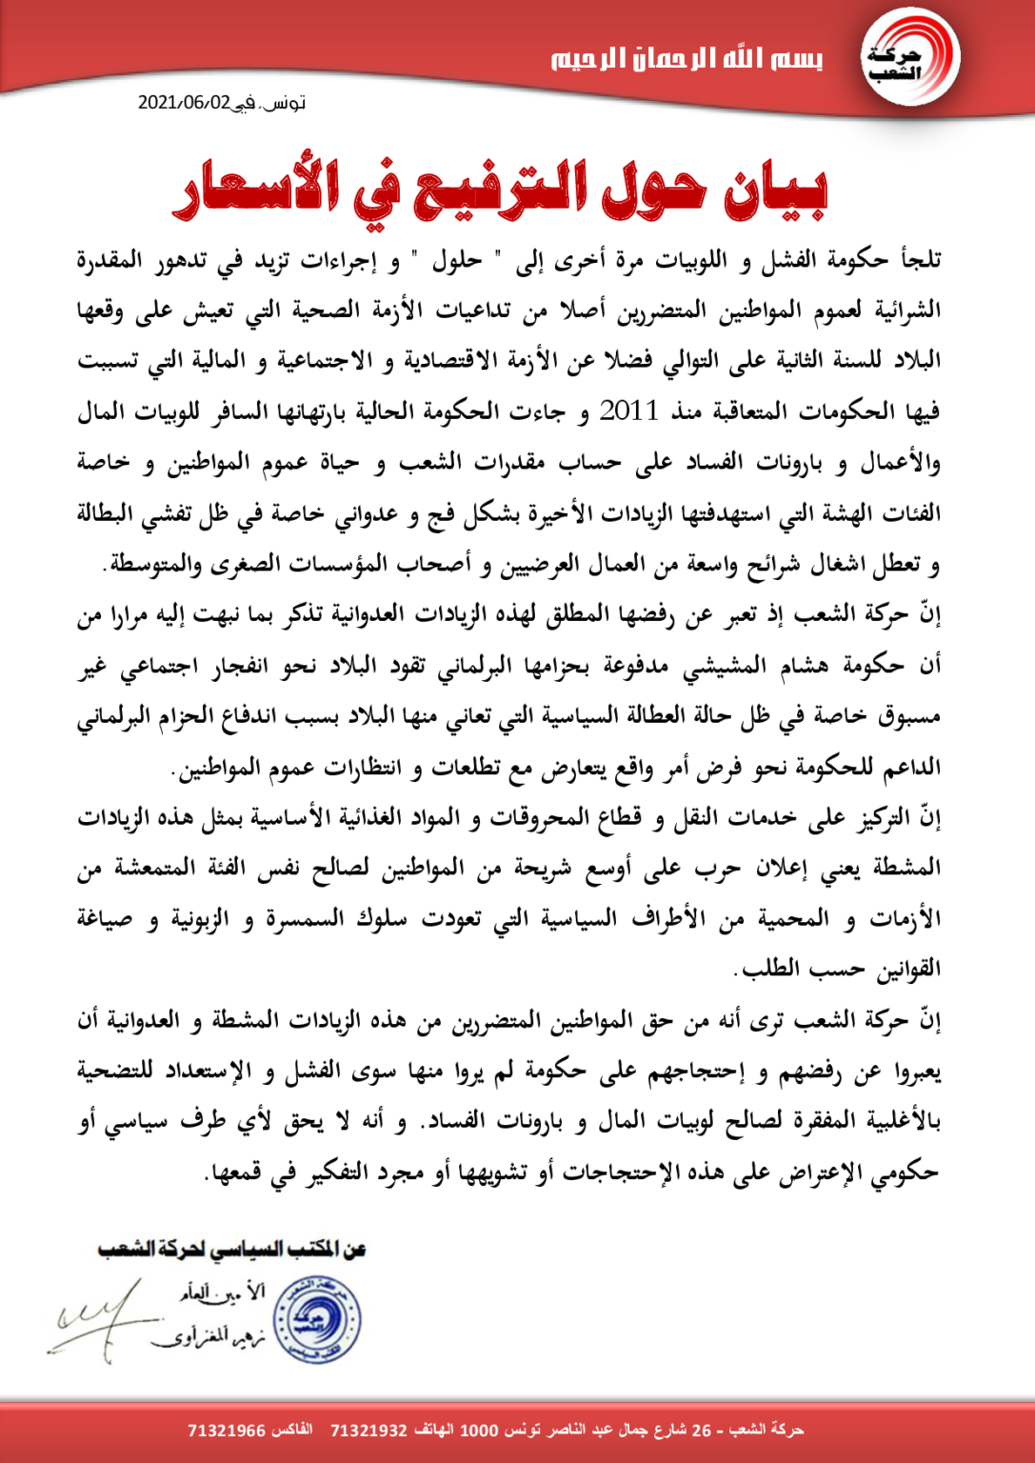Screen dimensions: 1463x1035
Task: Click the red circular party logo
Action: (x=909, y=59)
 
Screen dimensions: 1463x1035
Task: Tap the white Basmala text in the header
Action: (x=687, y=59)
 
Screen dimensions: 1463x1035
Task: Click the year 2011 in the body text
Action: (x=628, y=411)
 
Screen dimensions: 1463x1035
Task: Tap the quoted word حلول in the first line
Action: (x=458, y=260)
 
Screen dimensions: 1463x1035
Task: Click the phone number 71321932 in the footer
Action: (x=368, y=1431)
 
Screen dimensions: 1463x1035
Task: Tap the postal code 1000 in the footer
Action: (x=479, y=1431)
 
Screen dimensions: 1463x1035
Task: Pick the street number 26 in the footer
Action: (x=701, y=1431)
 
